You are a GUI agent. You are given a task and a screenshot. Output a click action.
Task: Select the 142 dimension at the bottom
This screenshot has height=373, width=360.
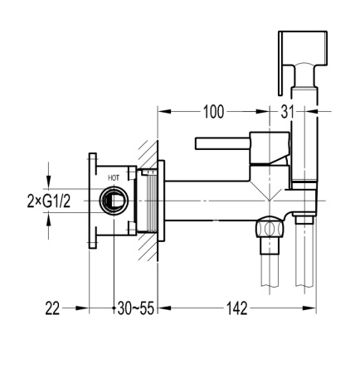(238, 308)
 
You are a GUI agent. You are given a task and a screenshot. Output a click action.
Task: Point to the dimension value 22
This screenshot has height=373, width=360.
(52, 308)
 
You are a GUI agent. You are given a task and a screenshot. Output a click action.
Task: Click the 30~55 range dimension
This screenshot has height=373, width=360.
(134, 308)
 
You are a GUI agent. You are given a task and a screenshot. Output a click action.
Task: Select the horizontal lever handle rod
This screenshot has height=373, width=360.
(222, 143)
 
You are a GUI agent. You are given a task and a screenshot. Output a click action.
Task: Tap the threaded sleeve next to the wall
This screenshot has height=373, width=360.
(150, 201)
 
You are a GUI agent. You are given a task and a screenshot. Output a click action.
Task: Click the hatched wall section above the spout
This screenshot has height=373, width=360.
(149, 153)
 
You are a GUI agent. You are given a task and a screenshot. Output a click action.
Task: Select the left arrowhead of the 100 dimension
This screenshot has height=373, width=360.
(163, 109)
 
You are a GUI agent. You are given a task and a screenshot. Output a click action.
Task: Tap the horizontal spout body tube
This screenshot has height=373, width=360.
(216, 199)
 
